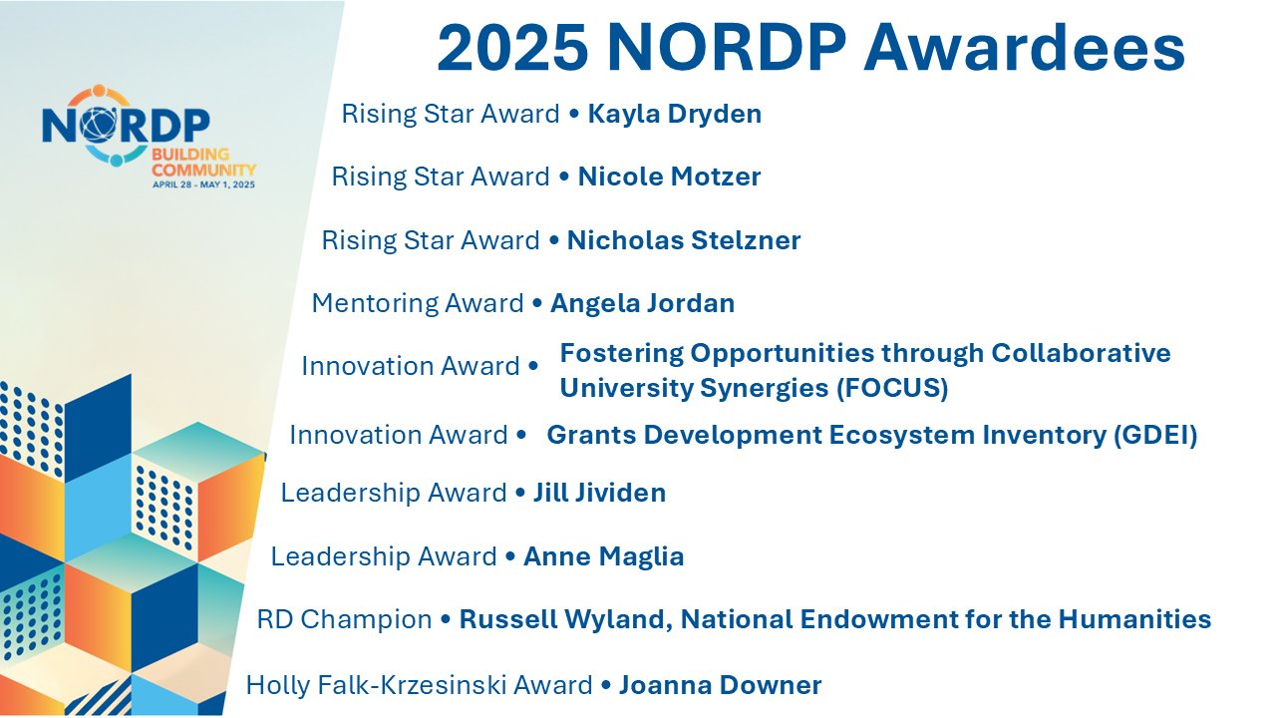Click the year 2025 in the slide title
coord(512,48)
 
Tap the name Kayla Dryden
coord(675,115)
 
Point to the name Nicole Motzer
coord(669,178)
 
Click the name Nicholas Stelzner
coord(684,240)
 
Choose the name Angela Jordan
coord(642,303)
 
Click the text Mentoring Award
coord(418,303)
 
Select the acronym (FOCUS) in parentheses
coord(891,388)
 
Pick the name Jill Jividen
coord(599,493)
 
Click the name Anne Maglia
coord(603,556)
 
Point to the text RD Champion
coord(344,619)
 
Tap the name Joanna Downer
coord(720,685)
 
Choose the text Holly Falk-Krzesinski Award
coord(419,685)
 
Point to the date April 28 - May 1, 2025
coord(203,184)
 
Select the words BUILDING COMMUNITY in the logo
coord(203,163)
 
